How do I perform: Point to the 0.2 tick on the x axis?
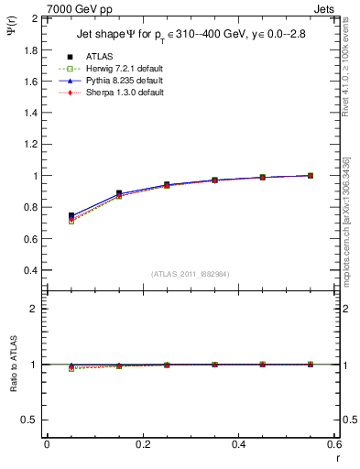[142, 444]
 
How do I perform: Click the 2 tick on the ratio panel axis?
[36, 309]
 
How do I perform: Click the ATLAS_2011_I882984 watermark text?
[190, 274]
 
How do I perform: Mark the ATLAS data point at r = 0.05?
[71, 215]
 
